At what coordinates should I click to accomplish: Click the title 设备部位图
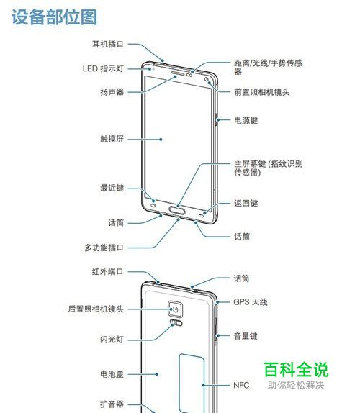(x=54, y=17)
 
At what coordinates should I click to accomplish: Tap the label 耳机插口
(x=108, y=44)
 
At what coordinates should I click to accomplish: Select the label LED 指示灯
(x=103, y=68)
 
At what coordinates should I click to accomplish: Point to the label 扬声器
(x=112, y=92)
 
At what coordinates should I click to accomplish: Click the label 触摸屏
(x=112, y=139)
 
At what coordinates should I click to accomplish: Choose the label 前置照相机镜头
(x=261, y=92)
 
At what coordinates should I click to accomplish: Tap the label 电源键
(x=246, y=120)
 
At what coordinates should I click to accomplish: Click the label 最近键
(x=112, y=188)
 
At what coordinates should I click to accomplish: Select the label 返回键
(x=246, y=203)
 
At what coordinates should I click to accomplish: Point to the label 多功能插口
(x=104, y=248)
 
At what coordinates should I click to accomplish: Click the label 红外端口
(x=107, y=271)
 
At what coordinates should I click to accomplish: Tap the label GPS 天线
(x=251, y=302)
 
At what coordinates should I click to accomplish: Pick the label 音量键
(x=246, y=336)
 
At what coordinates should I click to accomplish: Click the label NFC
(x=241, y=385)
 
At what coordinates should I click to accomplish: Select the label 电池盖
(x=112, y=374)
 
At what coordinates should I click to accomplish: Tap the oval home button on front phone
(x=177, y=210)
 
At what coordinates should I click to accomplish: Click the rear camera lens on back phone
(x=176, y=309)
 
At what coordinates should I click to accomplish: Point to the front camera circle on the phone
(x=207, y=78)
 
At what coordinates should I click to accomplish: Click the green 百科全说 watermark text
(x=296, y=370)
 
